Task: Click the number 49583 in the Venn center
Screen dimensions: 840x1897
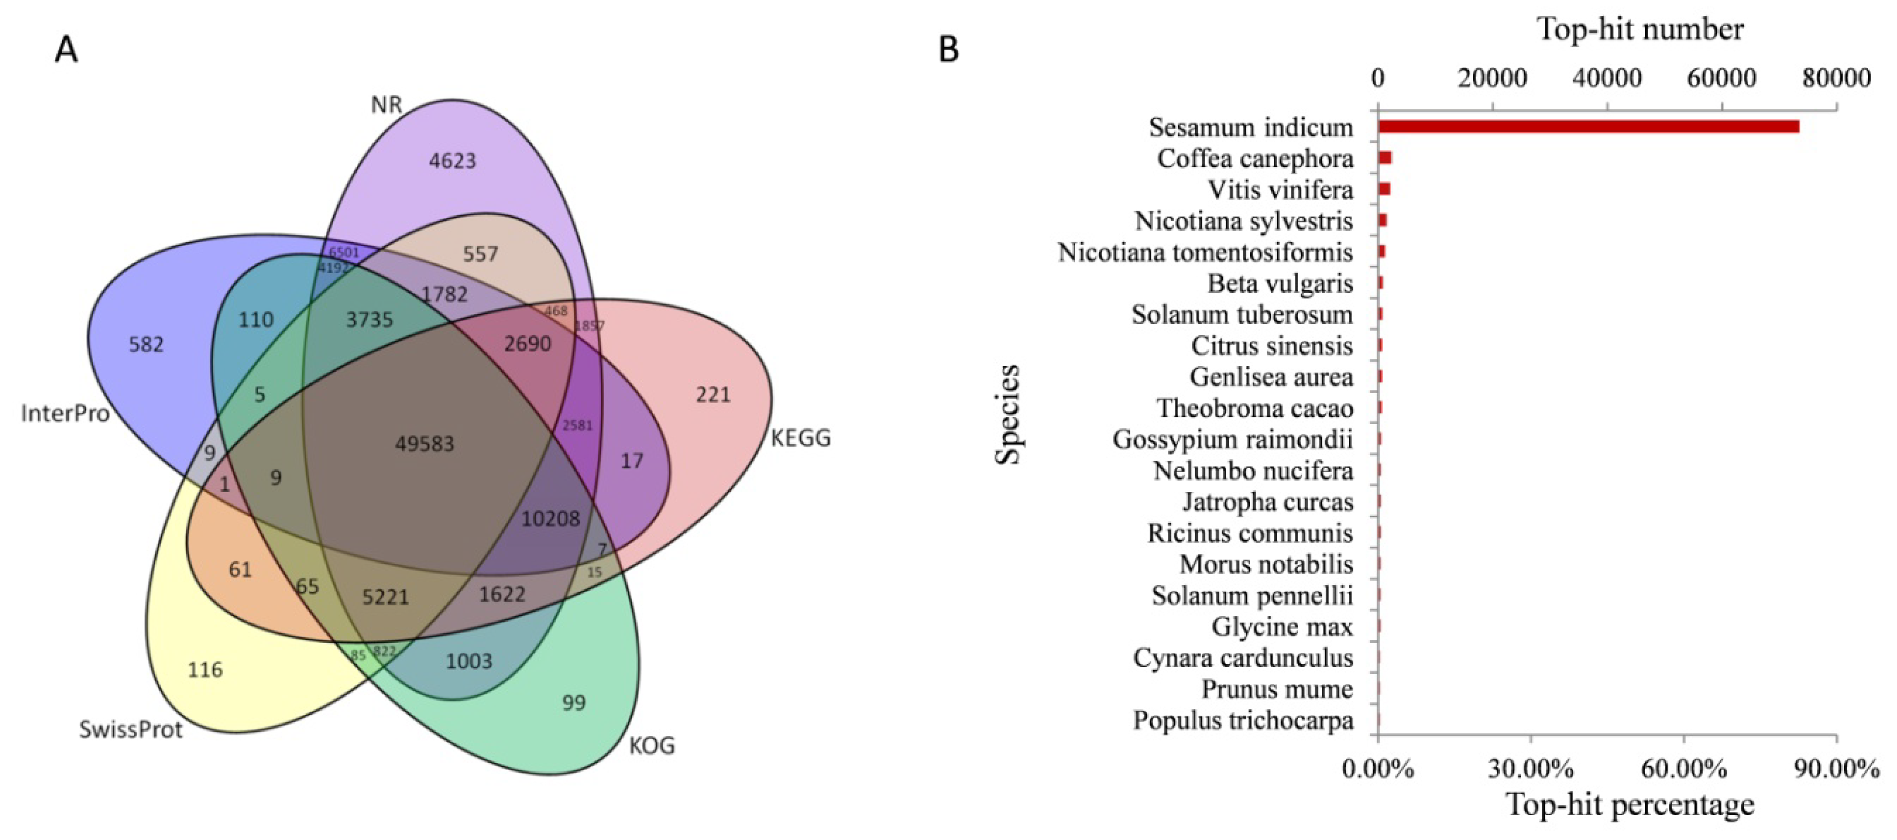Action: (x=425, y=444)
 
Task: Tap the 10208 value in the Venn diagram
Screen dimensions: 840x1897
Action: (x=550, y=519)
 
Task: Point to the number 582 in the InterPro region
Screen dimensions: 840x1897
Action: (x=146, y=344)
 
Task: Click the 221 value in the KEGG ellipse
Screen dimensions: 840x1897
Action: (x=713, y=395)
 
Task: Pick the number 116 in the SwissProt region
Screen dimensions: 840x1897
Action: (x=205, y=670)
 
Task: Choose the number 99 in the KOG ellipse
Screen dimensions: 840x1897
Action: (x=574, y=702)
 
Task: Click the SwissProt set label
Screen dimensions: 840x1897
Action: (x=130, y=730)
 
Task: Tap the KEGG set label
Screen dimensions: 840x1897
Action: (x=801, y=439)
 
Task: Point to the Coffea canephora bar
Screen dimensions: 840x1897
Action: (x=1384, y=158)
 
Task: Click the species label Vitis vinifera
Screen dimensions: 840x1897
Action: (x=1281, y=190)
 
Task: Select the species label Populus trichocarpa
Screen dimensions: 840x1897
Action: (x=1243, y=720)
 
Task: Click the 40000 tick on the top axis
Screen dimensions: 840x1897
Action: (x=1607, y=77)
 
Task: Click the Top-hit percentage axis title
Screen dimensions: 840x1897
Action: (x=1630, y=805)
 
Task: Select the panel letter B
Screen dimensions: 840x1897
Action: (x=948, y=50)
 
